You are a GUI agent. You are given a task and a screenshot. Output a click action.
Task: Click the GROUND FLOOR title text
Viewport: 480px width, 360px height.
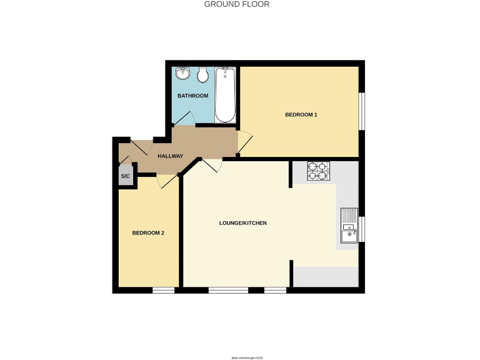click(x=237, y=4)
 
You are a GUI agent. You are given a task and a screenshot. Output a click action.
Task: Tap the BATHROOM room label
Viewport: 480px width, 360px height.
click(x=192, y=96)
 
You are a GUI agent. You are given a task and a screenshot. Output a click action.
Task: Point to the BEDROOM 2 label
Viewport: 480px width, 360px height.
click(x=148, y=233)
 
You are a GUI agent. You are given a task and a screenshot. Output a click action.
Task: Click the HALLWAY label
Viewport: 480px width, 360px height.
click(x=170, y=156)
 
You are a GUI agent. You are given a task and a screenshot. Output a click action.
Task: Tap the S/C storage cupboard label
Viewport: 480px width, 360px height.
click(x=125, y=177)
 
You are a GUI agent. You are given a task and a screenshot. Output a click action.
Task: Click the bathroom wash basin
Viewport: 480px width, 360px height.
click(x=182, y=74)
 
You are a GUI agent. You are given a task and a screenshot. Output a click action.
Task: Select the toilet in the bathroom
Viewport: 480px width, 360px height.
click(x=202, y=75)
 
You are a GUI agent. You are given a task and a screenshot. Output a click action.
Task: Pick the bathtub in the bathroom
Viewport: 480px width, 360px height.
click(x=225, y=96)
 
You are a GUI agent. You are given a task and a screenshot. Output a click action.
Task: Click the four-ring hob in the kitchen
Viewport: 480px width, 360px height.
click(x=318, y=171)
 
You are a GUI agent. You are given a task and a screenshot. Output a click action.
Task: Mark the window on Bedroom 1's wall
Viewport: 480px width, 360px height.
click(x=361, y=112)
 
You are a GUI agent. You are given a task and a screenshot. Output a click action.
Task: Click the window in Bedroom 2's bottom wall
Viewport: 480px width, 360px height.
click(x=164, y=290)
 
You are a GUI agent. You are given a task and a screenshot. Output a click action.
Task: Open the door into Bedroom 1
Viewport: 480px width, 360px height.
click(x=244, y=143)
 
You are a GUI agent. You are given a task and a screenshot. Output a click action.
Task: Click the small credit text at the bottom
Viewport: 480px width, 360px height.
click(x=248, y=357)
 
